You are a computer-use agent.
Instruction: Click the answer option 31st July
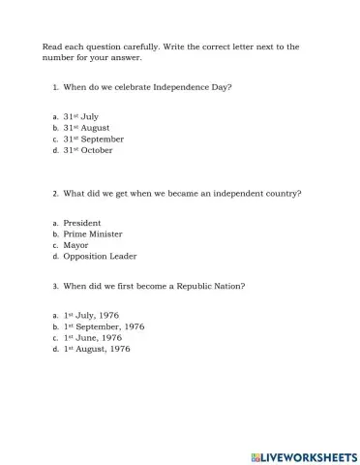pyautogui.click(x=81, y=116)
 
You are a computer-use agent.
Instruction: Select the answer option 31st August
pyautogui.click(x=86, y=128)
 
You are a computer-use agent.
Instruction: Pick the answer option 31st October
pyautogui.click(x=88, y=150)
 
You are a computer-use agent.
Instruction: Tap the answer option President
pyautogui.click(x=82, y=223)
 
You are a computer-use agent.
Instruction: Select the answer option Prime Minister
pyautogui.click(x=93, y=233)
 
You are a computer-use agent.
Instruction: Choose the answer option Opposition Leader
pyautogui.click(x=100, y=257)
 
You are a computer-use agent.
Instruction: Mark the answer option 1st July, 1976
pyautogui.click(x=92, y=316)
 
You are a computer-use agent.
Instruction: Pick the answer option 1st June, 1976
pyautogui.click(x=93, y=337)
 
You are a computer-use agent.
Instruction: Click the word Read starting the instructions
pyautogui.click(x=51, y=46)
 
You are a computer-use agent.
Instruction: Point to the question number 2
pyautogui.click(x=55, y=194)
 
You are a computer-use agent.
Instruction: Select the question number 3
pyautogui.click(x=55, y=286)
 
